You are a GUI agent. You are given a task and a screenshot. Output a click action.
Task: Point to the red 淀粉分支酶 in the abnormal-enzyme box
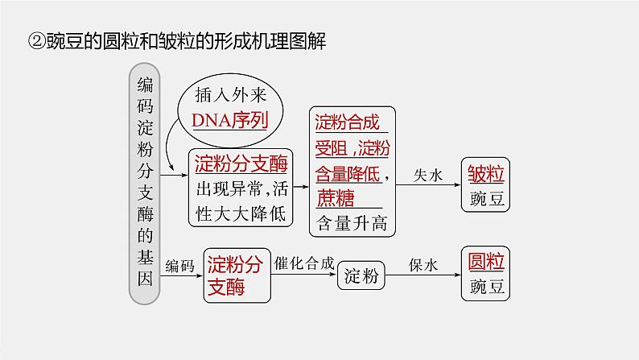(x=241, y=163)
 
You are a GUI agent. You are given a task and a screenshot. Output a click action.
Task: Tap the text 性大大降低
(x=241, y=215)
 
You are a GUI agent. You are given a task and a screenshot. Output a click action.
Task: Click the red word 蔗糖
(x=336, y=198)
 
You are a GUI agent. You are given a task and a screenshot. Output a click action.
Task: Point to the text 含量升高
(x=352, y=222)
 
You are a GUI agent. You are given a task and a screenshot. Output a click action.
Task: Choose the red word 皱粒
(x=487, y=173)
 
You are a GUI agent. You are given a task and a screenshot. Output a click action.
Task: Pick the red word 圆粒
(x=487, y=262)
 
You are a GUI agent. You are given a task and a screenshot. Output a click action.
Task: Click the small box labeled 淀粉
(x=361, y=276)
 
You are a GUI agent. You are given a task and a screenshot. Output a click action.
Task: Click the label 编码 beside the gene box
(x=180, y=266)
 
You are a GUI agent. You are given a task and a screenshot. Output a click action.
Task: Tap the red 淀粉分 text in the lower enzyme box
(x=235, y=263)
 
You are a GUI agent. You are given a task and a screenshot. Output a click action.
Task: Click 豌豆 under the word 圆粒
(x=487, y=287)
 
